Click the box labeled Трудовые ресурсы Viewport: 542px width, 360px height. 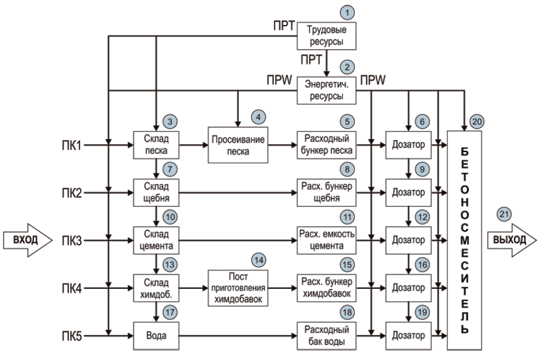coord(327,35)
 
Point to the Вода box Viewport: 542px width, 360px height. coord(157,336)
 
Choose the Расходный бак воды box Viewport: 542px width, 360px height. coord(327,336)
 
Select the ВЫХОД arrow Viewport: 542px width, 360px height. coord(510,240)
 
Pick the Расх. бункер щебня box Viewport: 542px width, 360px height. coord(327,193)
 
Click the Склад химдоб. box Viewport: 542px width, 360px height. coord(157,288)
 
